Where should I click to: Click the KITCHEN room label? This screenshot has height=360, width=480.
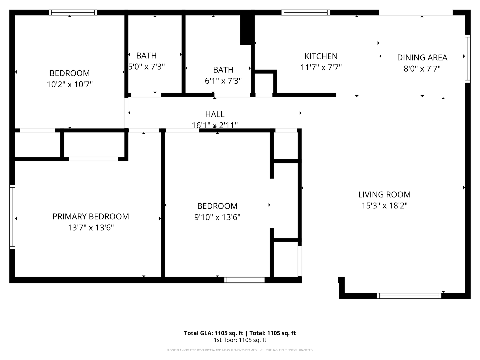[321, 56]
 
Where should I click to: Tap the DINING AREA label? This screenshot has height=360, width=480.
[422, 58]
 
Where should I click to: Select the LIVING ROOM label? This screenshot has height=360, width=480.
[384, 195]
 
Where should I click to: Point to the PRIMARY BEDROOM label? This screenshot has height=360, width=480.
[91, 217]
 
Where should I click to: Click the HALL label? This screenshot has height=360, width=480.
[215, 114]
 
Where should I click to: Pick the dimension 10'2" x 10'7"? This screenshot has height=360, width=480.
[70, 84]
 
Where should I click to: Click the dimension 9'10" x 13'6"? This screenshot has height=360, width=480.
[217, 217]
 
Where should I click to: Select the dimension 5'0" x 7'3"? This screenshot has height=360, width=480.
[147, 67]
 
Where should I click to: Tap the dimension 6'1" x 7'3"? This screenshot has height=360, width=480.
[223, 81]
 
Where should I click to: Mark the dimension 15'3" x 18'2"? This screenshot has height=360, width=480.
[384, 206]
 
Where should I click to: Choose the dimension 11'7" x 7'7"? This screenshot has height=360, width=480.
[321, 67]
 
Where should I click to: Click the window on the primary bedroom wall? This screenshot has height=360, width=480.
[12, 217]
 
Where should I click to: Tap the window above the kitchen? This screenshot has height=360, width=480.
[306, 13]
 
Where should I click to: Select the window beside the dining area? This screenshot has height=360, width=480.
[468, 58]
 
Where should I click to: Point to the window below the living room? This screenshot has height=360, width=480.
[409, 296]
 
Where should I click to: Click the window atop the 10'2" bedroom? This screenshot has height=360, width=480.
[73, 13]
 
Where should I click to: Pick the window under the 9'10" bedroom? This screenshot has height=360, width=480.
[244, 280]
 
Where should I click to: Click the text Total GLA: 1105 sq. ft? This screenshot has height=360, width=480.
[213, 333]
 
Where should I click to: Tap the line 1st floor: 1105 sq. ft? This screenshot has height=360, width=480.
[240, 340]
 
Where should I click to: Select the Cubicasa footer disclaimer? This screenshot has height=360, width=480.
[240, 350]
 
